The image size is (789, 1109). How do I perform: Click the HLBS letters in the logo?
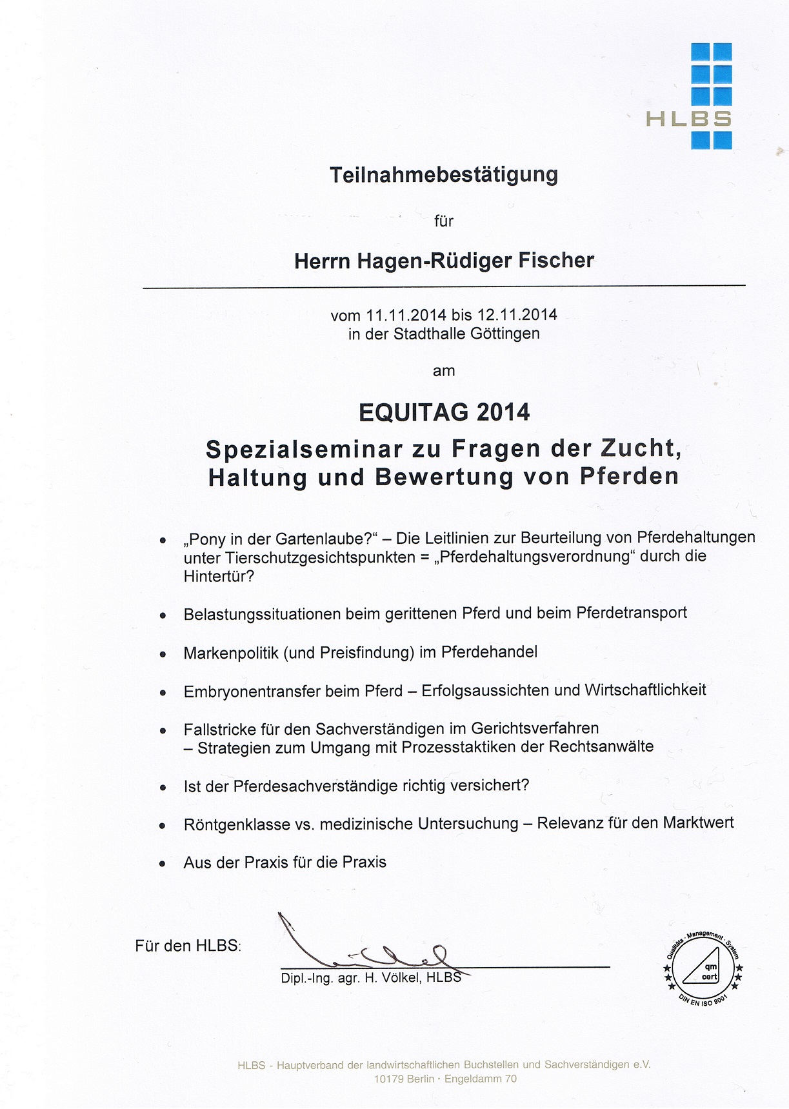coord(688,119)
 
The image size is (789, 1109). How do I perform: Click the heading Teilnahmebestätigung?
coord(443,175)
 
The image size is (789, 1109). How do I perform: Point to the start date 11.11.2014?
coord(406,315)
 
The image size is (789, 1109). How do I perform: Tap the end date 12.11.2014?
coord(517,315)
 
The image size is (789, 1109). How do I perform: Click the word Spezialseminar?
coord(295,449)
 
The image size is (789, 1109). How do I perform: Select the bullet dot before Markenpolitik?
coord(163,654)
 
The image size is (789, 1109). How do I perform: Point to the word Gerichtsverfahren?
coord(535,728)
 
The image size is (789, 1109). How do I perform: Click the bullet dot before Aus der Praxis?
coord(163,864)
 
